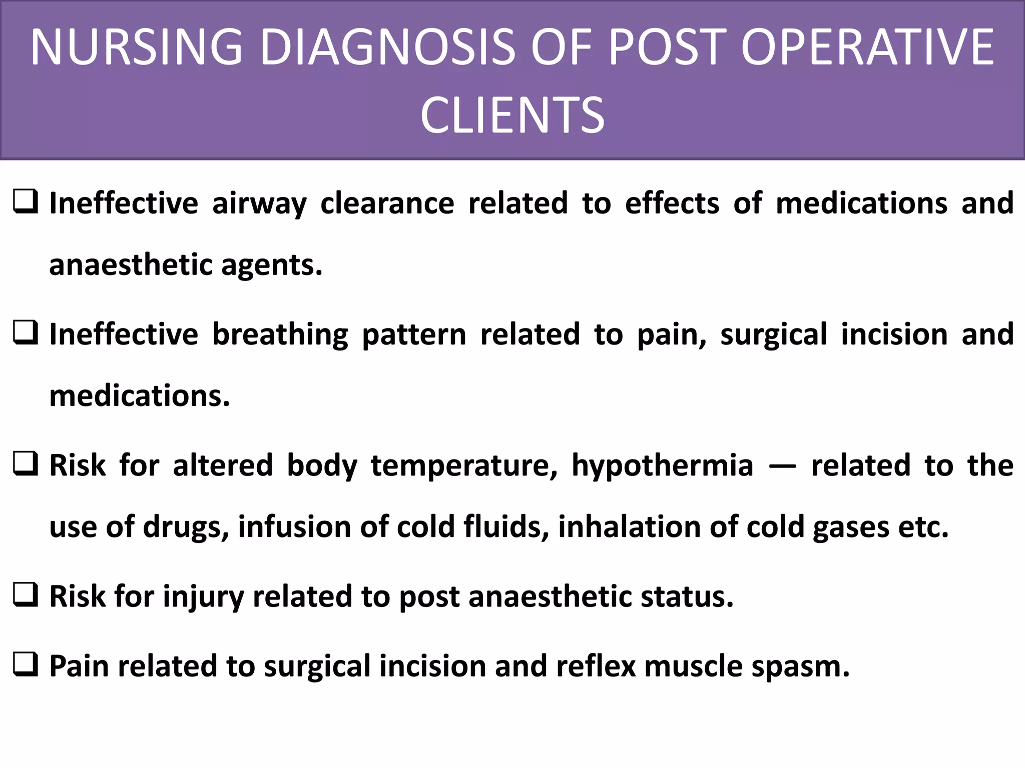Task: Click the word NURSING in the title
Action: pos(136,47)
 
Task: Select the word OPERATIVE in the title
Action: pos(867,47)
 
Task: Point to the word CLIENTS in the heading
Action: pos(512,116)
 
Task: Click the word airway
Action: pos(259,204)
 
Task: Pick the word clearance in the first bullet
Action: pos(387,203)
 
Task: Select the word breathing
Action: pos(280,334)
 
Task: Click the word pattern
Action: pos(414,334)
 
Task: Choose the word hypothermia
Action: pos(662,465)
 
